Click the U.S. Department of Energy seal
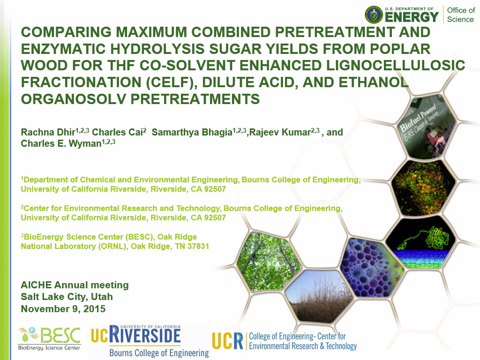[x=374, y=15]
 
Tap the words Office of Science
[x=461, y=15]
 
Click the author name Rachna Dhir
[x=48, y=132]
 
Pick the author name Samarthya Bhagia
[x=192, y=132]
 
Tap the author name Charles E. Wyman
[x=61, y=143]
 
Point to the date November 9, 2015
[x=63, y=308]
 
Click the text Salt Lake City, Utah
[x=67, y=297]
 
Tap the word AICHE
[x=36, y=285]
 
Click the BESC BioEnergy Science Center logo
[x=49, y=338]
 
